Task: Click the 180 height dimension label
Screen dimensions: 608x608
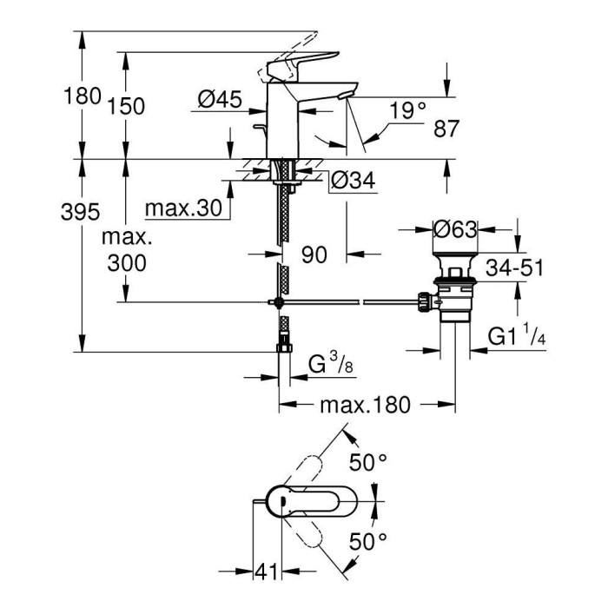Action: (83, 96)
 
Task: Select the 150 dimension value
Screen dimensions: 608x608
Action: (127, 106)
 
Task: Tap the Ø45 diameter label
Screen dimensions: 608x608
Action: (218, 101)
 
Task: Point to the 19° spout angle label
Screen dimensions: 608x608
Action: (408, 110)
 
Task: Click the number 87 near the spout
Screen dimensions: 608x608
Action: (446, 129)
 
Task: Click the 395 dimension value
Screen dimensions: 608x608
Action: (83, 212)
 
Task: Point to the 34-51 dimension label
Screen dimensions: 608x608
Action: (515, 268)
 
